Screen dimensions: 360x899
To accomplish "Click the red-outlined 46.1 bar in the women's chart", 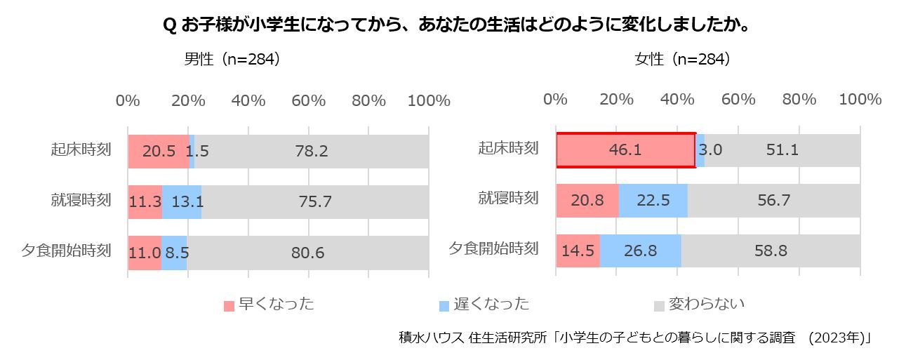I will tap(625, 150).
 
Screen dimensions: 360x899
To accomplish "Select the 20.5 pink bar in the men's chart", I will tap(159, 151).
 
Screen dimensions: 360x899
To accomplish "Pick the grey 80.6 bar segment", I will tap(308, 253).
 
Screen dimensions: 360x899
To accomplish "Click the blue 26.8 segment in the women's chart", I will tap(640, 251).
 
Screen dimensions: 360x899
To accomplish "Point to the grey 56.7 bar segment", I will tap(773, 201).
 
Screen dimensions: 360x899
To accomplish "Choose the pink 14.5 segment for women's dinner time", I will tap(578, 251).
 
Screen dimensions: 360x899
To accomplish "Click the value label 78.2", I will tap(311, 151).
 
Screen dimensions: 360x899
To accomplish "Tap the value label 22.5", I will tap(653, 201).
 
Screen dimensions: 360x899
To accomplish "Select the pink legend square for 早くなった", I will tap(229, 306).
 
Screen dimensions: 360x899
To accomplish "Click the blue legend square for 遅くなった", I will tap(444, 306).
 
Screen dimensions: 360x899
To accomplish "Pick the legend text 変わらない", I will tap(706, 304).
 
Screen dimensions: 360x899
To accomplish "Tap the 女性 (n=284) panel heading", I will tap(682, 60).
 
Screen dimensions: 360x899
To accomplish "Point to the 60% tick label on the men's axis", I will tap(309, 100).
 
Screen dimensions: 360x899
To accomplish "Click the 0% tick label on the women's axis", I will tap(555, 100).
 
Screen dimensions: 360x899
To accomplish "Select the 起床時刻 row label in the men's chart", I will tap(81, 149).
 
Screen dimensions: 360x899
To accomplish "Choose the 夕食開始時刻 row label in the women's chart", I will tap(493, 248).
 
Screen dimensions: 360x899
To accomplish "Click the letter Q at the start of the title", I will tap(168, 26).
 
